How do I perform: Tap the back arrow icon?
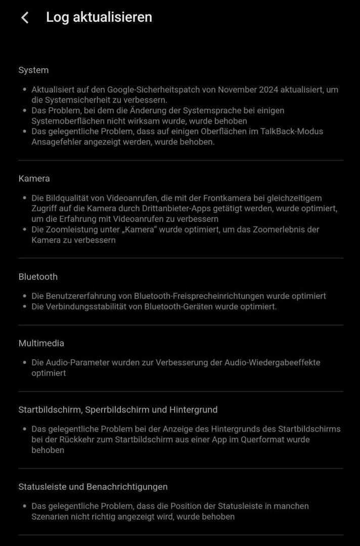24,18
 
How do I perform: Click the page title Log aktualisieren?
99,17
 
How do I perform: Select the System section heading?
33,70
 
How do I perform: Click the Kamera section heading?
34,178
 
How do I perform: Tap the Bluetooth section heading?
38,277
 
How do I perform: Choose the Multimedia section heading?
41,343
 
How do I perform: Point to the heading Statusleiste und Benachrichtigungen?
93,487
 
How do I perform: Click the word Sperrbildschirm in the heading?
123,409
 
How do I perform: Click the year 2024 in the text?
273,89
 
